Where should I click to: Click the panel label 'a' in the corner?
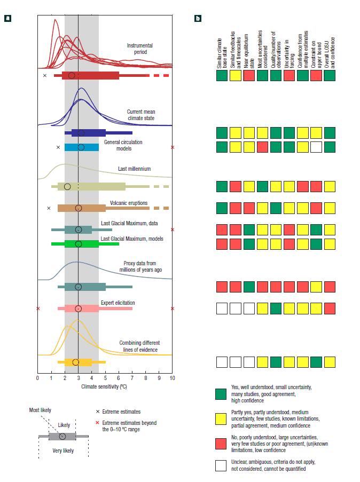click(9, 19)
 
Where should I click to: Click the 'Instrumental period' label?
click(140, 49)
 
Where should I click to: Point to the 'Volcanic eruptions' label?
click(129, 203)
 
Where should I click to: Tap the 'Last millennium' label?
click(135, 169)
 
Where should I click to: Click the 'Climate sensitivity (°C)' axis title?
click(104, 385)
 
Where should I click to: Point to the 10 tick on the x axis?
click(172, 378)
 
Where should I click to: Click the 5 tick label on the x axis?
click(105, 378)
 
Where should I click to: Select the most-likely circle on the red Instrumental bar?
click(72, 76)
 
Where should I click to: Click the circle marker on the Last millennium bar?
click(67, 186)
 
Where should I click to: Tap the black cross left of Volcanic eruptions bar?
click(49, 208)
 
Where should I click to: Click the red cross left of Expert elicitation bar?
click(37, 309)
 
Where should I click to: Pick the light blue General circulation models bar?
click(82, 147)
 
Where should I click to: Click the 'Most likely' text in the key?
click(41, 410)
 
